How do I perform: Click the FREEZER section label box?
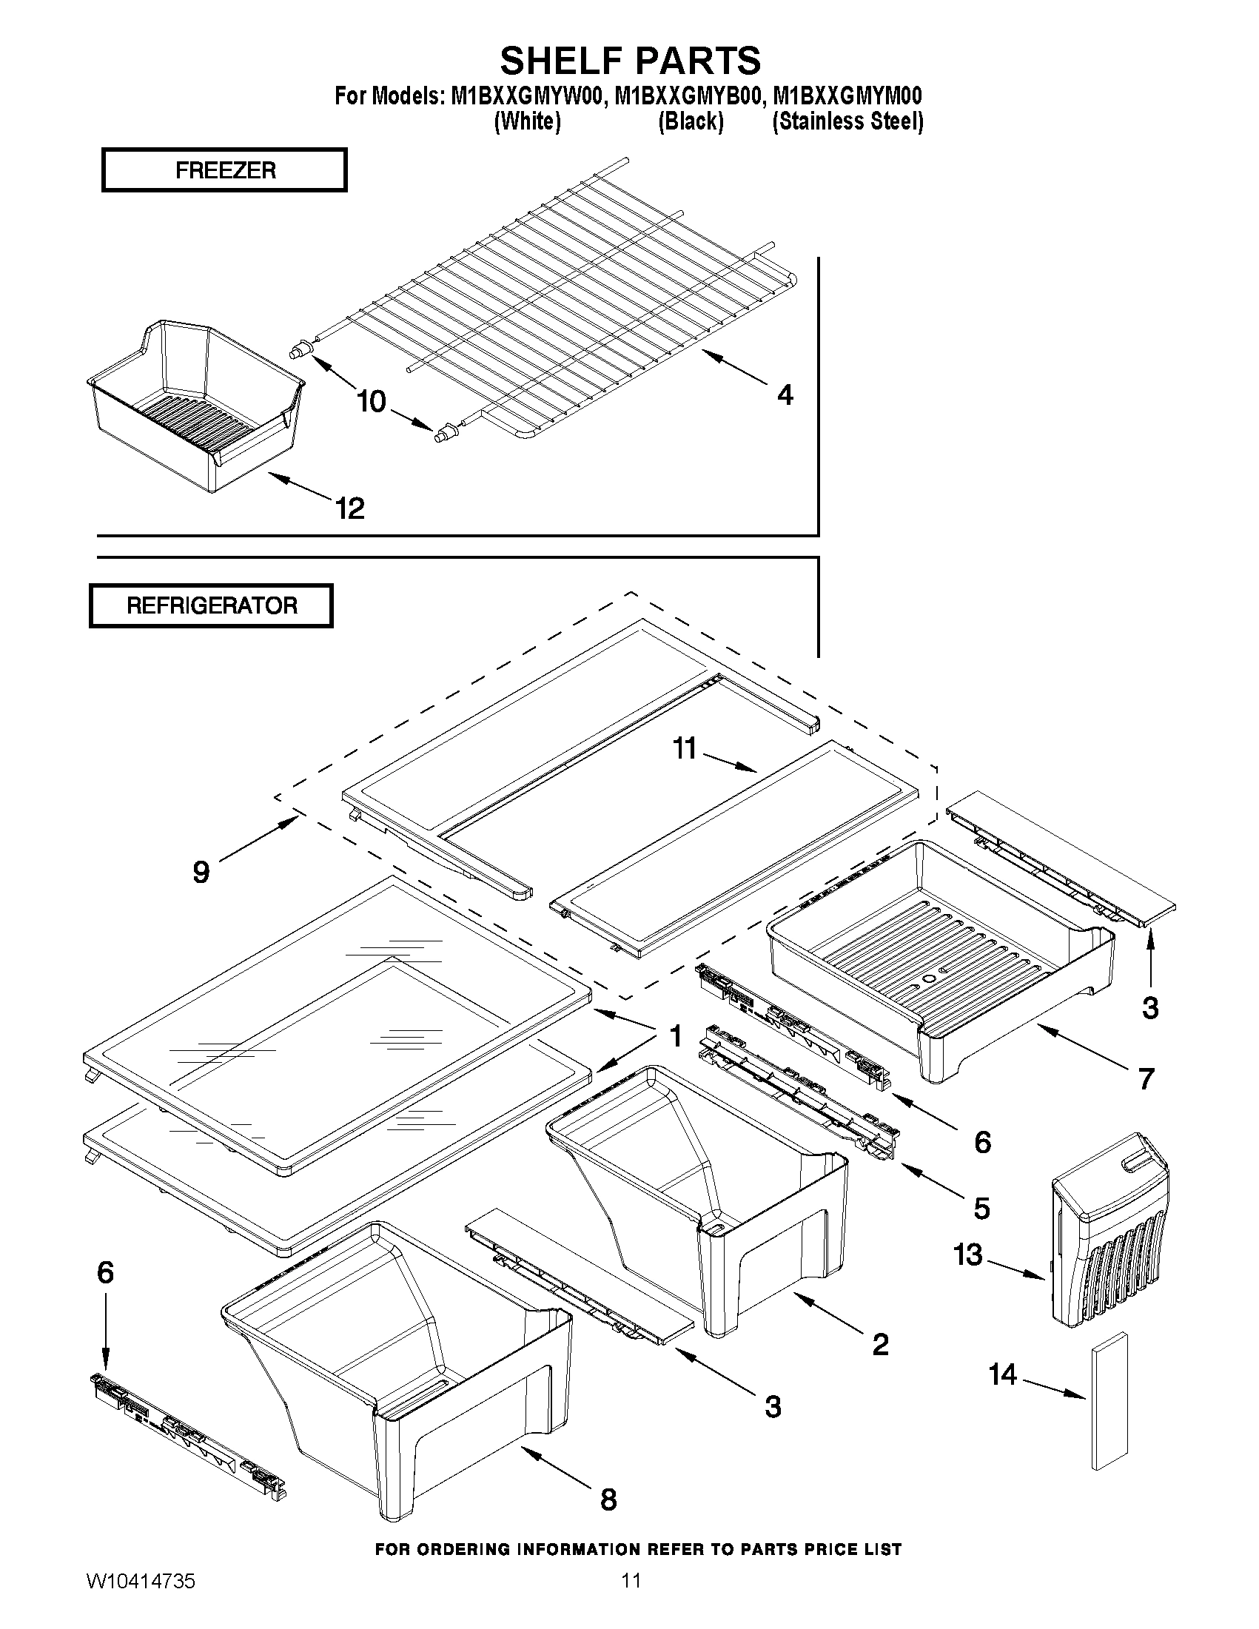click(x=224, y=170)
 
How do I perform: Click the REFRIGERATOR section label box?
click(x=211, y=605)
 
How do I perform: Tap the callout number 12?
click(x=349, y=508)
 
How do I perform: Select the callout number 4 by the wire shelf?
click(x=785, y=394)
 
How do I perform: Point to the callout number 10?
click(x=371, y=402)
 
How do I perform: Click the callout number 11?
click(x=684, y=748)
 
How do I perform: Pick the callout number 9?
click(x=201, y=871)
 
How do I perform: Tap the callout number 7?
click(x=1146, y=1078)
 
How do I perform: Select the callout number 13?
click(x=968, y=1255)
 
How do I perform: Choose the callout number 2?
click(x=880, y=1345)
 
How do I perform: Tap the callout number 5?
click(x=981, y=1209)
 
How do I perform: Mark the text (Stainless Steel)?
click(x=847, y=121)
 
